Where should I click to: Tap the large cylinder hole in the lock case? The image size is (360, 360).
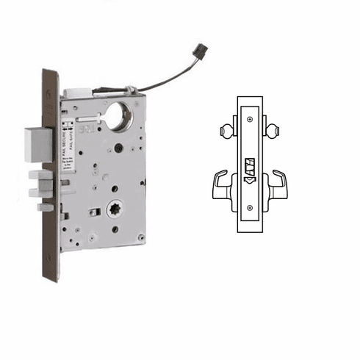[x=118, y=116]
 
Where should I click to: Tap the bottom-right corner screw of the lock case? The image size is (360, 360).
[x=141, y=237]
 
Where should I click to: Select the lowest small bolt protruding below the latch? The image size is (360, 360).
[x=46, y=208]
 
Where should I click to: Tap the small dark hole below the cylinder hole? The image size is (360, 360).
[x=118, y=148]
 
